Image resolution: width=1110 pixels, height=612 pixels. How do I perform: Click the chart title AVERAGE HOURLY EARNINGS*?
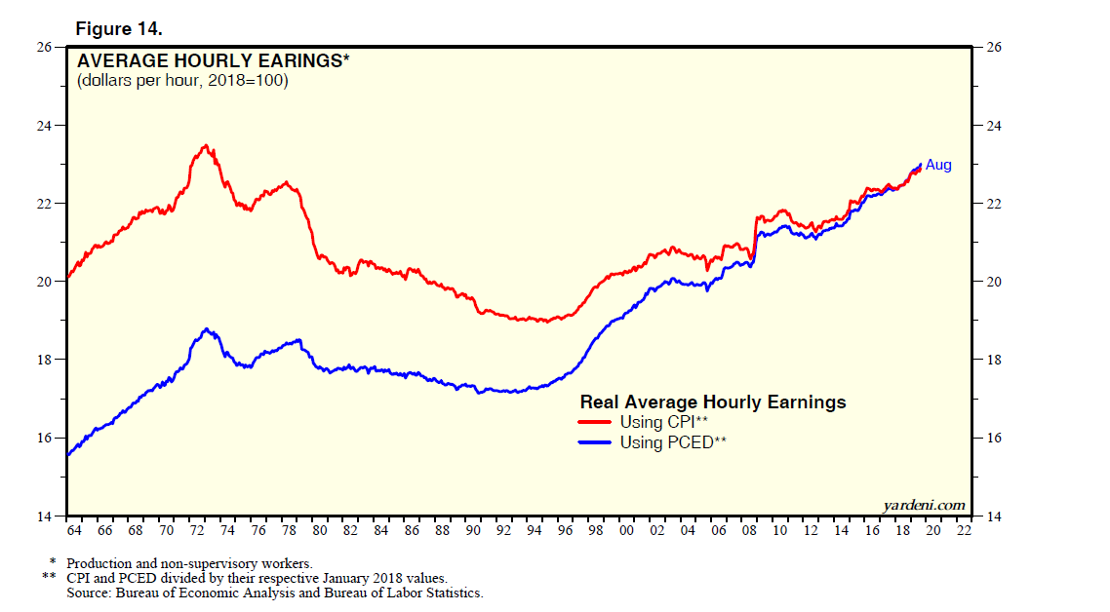tap(213, 60)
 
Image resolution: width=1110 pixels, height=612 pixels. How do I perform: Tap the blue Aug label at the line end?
tap(937, 165)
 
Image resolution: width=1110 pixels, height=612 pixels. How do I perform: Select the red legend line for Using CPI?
tap(596, 422)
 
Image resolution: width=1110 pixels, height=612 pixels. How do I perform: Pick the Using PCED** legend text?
tap(674, 441)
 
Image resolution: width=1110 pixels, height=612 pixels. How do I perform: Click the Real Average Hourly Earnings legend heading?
tap(713, 402)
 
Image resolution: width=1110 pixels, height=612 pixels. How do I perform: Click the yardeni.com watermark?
tap(924, 504)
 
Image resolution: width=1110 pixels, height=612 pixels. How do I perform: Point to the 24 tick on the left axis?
tap(45, 126)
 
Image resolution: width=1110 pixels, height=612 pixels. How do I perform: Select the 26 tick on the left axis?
tap(45, 48)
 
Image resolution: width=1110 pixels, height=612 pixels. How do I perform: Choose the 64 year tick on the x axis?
tap(74, 531)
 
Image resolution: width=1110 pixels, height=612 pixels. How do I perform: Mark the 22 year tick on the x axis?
tap(963, 531)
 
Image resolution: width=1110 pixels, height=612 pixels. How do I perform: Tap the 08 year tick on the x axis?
tap(748, 531)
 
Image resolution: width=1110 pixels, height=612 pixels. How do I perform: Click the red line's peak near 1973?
tap(205, 145)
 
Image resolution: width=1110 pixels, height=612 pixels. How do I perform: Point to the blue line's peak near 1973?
tap(206, 329)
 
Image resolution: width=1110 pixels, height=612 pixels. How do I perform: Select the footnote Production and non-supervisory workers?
tap(189, 563)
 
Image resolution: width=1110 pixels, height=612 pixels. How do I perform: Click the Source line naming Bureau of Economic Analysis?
tap(274, 593)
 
